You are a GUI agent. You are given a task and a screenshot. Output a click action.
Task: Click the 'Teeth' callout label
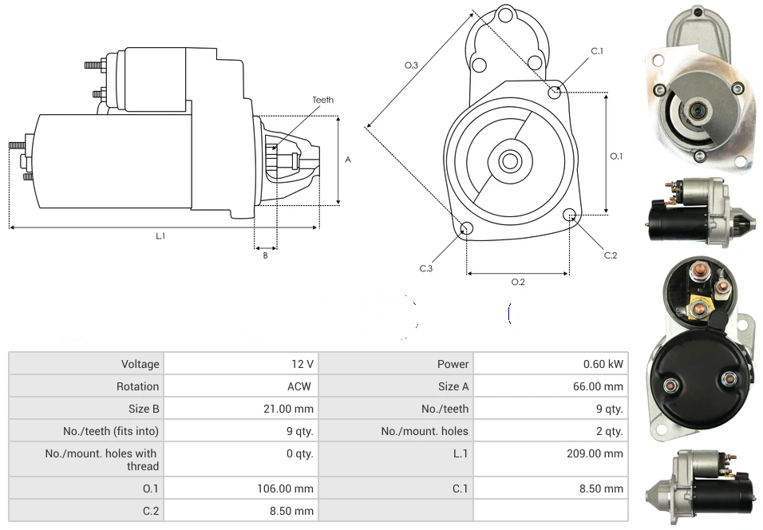322,100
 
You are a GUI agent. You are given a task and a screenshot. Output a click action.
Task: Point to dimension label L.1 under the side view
160,235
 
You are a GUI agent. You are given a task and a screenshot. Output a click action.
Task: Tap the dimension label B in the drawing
265,255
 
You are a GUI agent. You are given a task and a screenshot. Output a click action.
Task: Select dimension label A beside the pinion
347,160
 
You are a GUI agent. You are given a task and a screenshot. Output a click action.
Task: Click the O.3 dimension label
411,65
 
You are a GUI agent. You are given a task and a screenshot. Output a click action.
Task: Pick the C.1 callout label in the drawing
597,51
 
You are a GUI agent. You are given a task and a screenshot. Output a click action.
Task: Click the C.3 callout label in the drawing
426,268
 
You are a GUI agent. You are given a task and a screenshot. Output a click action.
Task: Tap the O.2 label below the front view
518,282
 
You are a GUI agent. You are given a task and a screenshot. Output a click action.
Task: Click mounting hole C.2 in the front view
569,215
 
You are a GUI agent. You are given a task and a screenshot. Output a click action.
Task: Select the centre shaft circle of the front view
509,161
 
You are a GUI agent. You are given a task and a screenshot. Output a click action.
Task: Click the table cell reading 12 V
302,364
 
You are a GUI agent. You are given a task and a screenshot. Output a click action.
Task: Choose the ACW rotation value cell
300,386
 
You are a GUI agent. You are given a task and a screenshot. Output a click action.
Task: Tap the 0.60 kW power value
603,364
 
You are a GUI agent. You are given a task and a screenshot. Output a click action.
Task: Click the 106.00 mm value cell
285,488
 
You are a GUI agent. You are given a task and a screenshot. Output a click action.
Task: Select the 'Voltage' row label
140,364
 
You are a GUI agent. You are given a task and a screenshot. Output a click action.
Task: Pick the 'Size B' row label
144,409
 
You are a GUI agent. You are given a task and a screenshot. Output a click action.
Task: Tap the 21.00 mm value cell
288,409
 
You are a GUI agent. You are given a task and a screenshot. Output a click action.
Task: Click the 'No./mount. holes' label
425,431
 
